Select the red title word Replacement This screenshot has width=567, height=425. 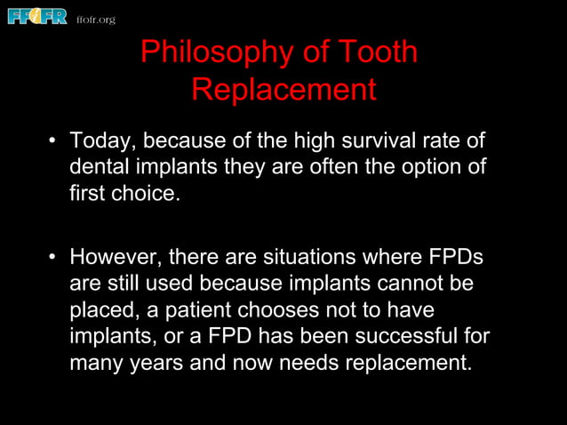point(283,90)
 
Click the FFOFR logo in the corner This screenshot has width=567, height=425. point(37,16)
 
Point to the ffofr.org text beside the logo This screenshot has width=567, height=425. point(96,20)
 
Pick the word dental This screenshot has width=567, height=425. point(100,166)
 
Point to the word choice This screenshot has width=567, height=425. point(142,192)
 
